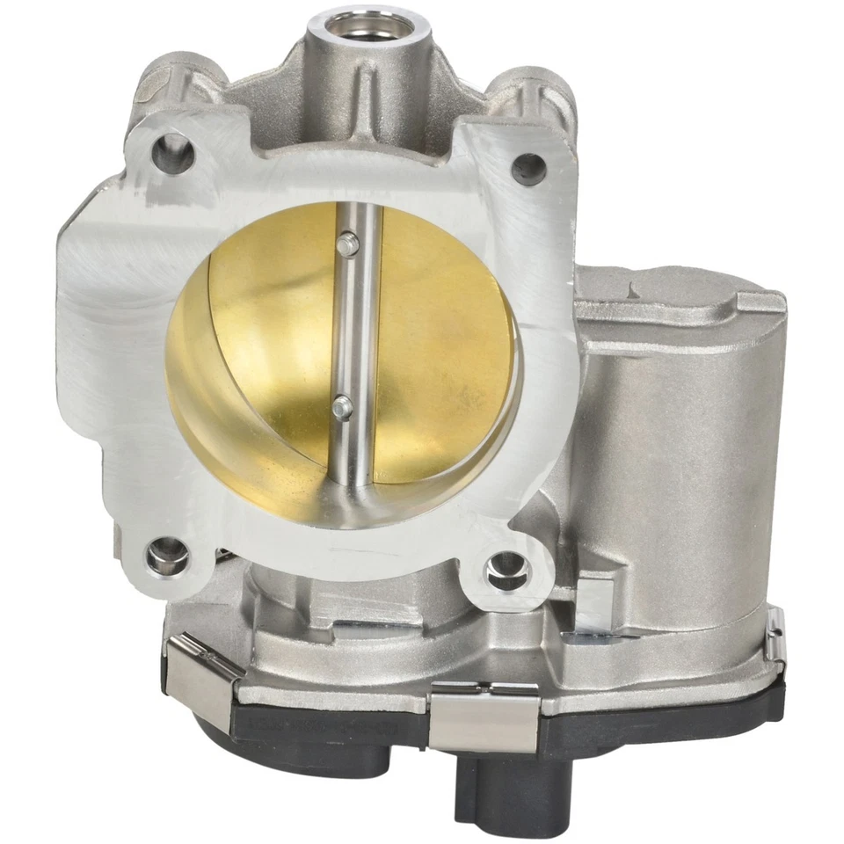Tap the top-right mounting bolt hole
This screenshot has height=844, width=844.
tap(528, 165)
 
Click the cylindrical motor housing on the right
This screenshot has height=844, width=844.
tap(677, 440)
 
